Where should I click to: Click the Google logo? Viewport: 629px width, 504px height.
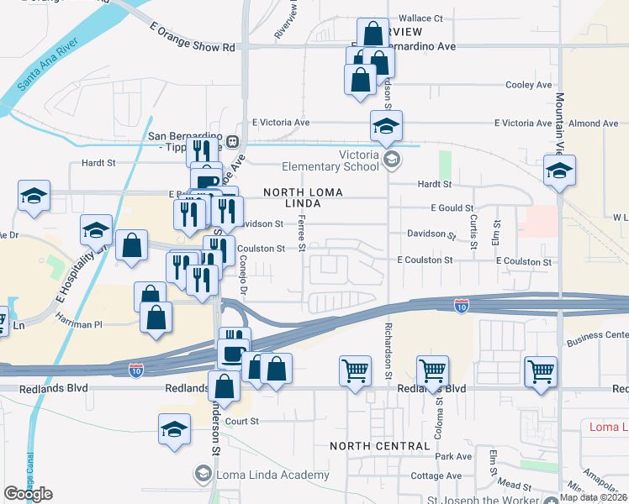coord(28,494)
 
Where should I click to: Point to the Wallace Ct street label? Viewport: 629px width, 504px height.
coord(420,18)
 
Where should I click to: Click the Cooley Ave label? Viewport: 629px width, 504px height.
coord(528,85)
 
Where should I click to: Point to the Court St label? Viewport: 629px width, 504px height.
coord(241,421)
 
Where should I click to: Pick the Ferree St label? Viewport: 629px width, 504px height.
coord(301,231)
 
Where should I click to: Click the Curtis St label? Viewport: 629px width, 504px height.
coord(475,230)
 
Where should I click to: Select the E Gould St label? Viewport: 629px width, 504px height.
coord(452,207)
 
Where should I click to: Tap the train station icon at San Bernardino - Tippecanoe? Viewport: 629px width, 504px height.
coord(231,142)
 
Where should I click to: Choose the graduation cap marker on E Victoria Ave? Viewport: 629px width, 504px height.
coord(387,126)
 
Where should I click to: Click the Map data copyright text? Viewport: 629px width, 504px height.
coord(594,497)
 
